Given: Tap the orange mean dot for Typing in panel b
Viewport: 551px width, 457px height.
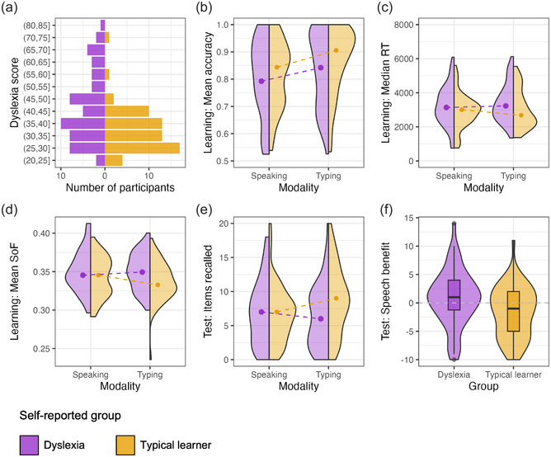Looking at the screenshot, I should pos(336,51).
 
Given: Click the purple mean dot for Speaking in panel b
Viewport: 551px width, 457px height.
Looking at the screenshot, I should pos(261,81).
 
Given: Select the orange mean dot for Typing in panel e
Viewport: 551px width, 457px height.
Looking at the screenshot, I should pos(336,298).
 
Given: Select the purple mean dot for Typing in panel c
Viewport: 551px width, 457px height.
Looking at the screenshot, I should pos(506,106).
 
